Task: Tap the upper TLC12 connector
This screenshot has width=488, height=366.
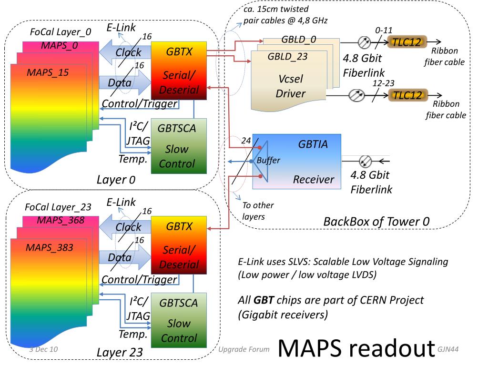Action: coord(407,42)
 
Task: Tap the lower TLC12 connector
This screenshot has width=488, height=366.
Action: coord(407,95)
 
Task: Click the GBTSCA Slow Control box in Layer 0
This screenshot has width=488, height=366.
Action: coord(177,145)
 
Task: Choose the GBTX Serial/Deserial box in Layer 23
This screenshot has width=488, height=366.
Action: coord(179,245)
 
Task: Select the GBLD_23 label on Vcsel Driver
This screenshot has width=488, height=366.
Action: coord(287,57)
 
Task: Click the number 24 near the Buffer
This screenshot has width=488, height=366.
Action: coord(246,141)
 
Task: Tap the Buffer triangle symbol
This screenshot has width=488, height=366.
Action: coord(260,161)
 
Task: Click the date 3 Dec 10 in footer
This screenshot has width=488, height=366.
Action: coord(43,349)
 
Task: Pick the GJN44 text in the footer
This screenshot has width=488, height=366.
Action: coord(447,349)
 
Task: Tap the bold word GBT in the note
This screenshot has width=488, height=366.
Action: coord(264,301)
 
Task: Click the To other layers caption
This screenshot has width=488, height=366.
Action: coord(258,211)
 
